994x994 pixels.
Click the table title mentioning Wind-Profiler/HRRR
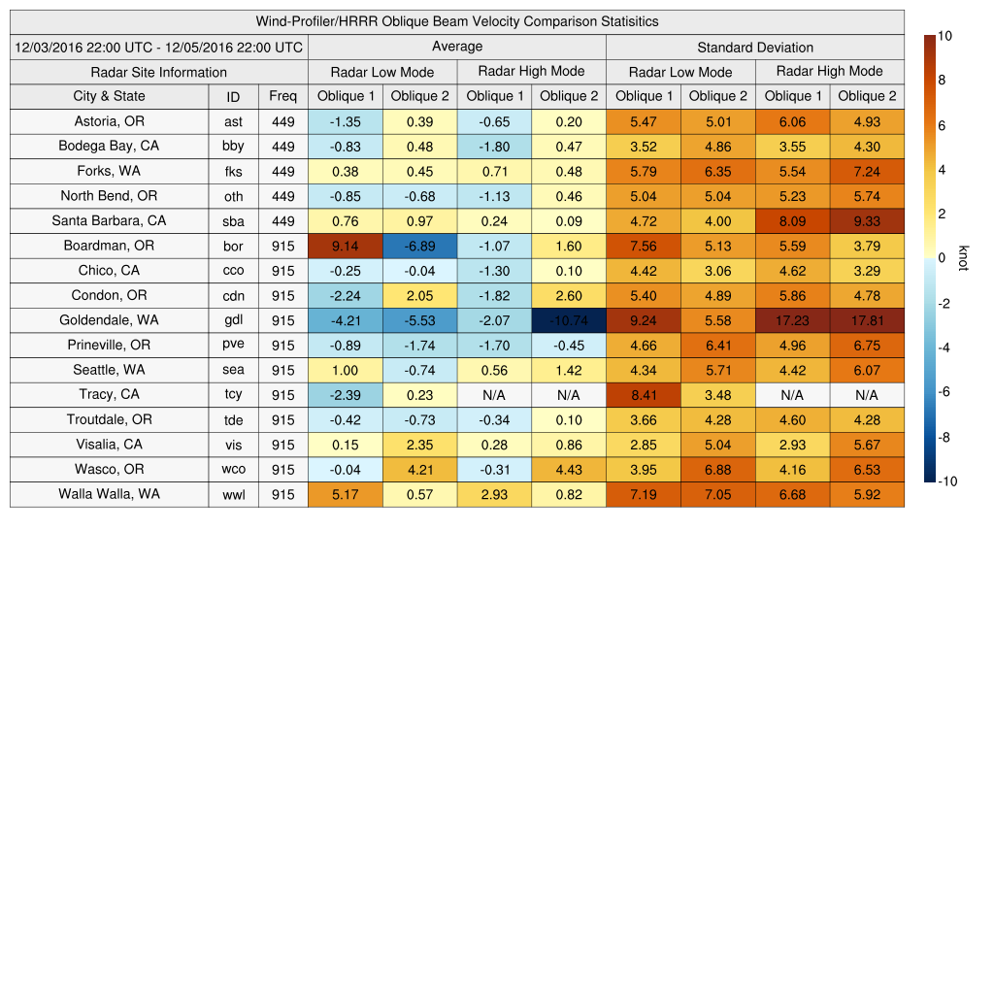pyautogui.click(x=457, y=21)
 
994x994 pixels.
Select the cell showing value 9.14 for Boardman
pyautogui.click(x=345, y=246)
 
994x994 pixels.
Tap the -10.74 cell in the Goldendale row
pyautogui.click(x=568, y=320)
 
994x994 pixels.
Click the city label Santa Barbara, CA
pyautogui.click(x=109, y=220)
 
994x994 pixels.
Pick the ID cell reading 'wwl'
pyautogui.click(x=233, y=494)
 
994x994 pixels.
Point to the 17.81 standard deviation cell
pyautogui.click(x=867, y=320)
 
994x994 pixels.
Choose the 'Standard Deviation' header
pyautogui.click(x=755, y=47)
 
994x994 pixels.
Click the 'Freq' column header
pyautogui.click(x=283, y=96)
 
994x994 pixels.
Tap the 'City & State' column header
pyautogui.click(x=109, y=96)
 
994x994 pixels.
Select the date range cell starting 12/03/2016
pyautogui.click(x=159, y=47)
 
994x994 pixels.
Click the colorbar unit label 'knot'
pyautogui.click(x=963, y=257)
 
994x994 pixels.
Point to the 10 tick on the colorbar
pyautogui.click(x=944, y=36)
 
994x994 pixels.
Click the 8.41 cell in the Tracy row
pyautogui.click(x=643, y=395)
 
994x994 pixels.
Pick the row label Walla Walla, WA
pyautogui.click(x=109, y=494)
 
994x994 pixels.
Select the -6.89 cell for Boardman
pyautogui.click(x=419, y=246)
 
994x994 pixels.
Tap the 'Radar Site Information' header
pyautogui.click(x=159, y=72)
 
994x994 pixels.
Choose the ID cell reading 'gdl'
pyautogui.click(x=233, y=320)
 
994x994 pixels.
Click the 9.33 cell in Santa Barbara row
pyautogui.click(x=867, y=220)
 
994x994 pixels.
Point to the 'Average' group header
pyautogui.click(x=457, y=47)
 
